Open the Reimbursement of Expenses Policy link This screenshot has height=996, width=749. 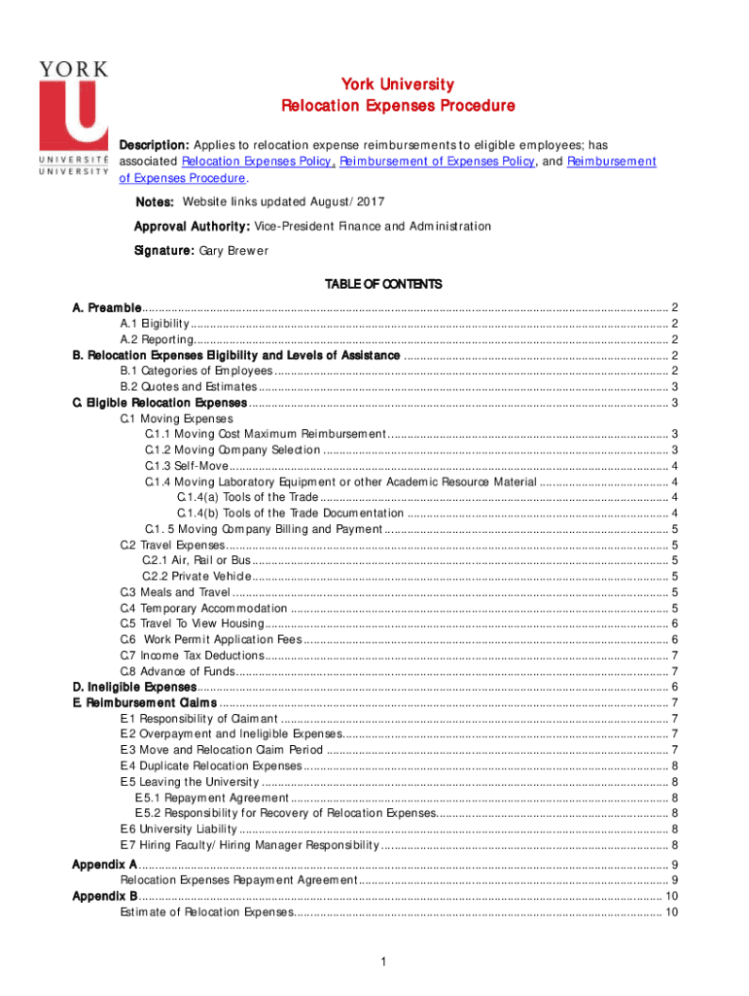point(437,161)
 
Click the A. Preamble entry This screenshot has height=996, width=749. point(107,308)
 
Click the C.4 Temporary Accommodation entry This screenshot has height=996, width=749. point(203,608)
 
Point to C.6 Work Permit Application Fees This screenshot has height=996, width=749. point(210,640)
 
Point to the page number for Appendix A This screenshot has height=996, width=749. point(675,865)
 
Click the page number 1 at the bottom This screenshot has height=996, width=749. point(385,963)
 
